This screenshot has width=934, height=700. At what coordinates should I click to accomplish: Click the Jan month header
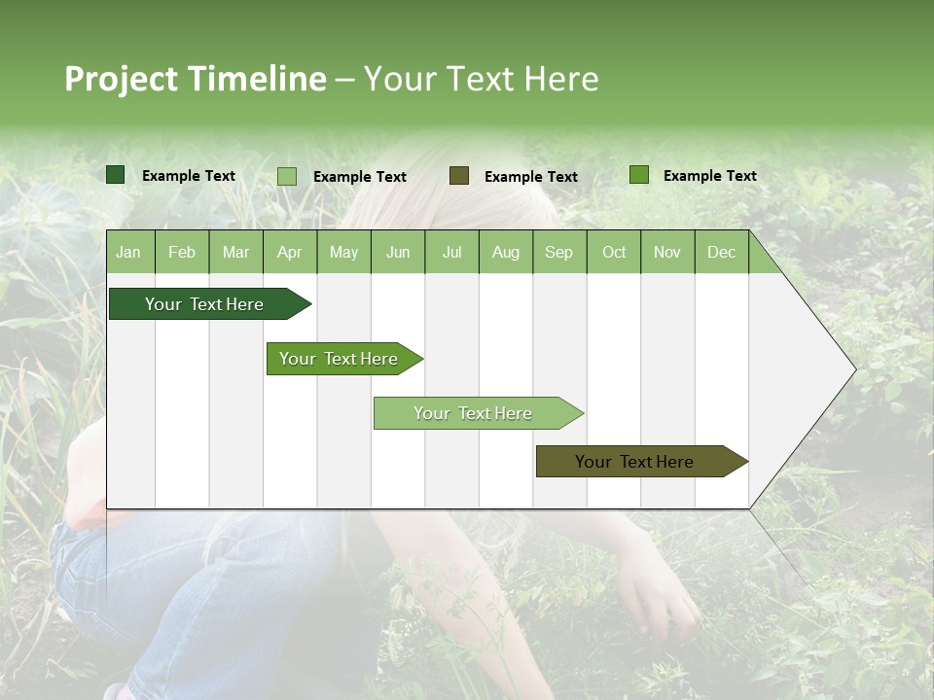click(x=128, y=253)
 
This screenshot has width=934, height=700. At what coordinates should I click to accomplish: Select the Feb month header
click(x=182, y=253)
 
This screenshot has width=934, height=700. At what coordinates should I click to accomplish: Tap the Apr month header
click(x=289, y=253)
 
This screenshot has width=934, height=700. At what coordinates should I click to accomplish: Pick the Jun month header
click(x=398, y=253)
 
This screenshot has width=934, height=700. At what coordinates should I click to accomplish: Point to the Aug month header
click(x=505, y=253)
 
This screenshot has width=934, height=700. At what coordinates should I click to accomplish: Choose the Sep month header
click(x=558, y=253)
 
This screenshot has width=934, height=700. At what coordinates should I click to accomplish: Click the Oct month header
click(x=614, y=253)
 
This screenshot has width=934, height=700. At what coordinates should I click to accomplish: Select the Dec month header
click(x=721, y=253)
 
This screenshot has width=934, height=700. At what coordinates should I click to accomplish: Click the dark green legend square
click(x=116, y=175)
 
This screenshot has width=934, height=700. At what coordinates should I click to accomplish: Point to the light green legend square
click(x=287, y=176)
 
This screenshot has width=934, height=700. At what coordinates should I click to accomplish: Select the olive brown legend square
click(x=459, y=175)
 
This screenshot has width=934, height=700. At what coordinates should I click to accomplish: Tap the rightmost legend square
click(x=639, y=175)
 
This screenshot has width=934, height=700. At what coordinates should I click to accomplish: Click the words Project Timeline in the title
click(x=196, y=79)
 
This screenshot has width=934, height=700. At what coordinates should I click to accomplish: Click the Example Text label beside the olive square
click(x=530, y=177)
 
